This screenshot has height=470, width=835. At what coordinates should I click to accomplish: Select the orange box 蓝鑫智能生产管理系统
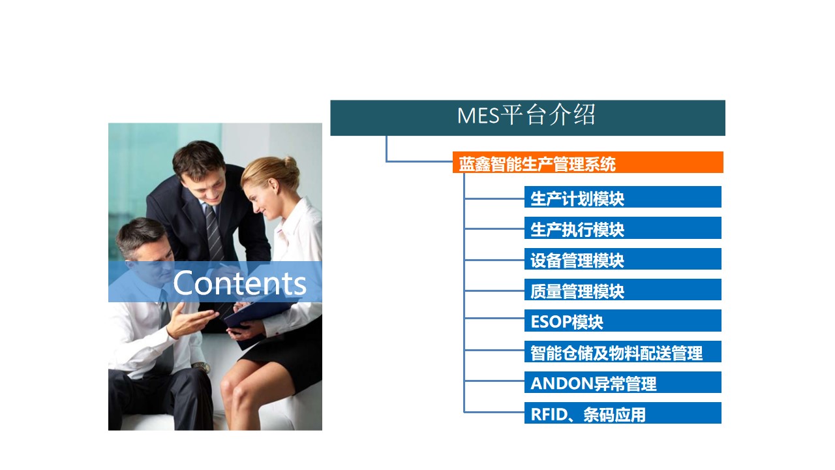click(588, 163)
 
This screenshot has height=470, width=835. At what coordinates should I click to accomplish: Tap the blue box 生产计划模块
click(622, 196)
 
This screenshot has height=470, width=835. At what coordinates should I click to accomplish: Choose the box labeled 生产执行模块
click(622, 228)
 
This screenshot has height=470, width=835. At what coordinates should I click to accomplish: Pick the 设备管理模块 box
click(622, 258)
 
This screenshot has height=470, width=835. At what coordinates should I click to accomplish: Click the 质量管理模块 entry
click(622, 289)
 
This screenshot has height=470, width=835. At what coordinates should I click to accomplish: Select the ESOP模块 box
click(622, 321)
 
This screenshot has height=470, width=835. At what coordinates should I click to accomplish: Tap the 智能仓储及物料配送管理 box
click(622, 351)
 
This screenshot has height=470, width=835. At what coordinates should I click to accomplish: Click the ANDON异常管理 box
click(622, 382)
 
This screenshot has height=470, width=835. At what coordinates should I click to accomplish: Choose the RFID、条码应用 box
click(622, 413)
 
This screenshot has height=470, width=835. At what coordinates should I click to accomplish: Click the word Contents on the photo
click(239, 283)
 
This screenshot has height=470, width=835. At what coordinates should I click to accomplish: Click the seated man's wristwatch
click(202, 368)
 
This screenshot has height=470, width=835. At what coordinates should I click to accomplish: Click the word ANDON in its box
click(562, 383)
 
